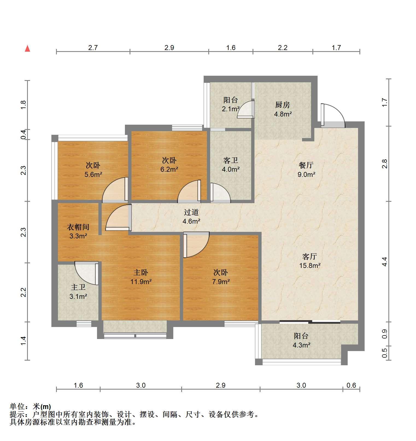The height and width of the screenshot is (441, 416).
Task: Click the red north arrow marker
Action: click(x=27, y=49)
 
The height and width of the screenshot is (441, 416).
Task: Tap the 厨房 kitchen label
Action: click(x=282, y=105)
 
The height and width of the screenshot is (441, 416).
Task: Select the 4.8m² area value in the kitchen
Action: click(x=283, y=114)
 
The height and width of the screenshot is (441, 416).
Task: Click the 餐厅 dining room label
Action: click(x=306, y=165)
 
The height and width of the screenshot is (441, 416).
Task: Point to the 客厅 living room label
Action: click(x=310, y=256)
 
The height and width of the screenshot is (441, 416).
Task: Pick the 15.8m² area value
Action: click(x=310, y=265)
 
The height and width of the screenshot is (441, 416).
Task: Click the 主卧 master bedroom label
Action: click(x=141, y=272)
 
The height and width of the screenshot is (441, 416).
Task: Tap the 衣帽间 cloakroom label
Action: click(x=78, y=227)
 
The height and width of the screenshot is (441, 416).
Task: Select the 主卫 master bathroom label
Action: click(x=78, y=287)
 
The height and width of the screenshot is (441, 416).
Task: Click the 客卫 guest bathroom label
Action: click(x=230, y=160)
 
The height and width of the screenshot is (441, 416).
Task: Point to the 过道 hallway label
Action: click(x=191, y=212)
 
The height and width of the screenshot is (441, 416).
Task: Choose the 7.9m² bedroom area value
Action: click(x=221, y=282)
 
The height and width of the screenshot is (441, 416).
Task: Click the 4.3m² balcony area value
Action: click(x=301, y=345)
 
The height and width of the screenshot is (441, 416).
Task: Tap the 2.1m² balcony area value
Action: click(x=231, y=109)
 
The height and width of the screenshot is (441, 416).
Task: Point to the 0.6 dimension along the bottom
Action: click(x=351, y=385)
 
